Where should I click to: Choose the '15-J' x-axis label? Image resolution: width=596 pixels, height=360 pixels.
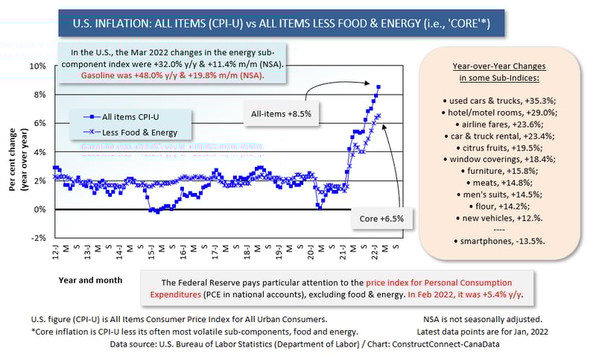(x=151, y=251)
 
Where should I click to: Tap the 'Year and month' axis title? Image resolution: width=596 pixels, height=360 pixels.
(x=88, y=280)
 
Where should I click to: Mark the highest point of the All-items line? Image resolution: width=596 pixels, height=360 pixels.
(x=378, y=87)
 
